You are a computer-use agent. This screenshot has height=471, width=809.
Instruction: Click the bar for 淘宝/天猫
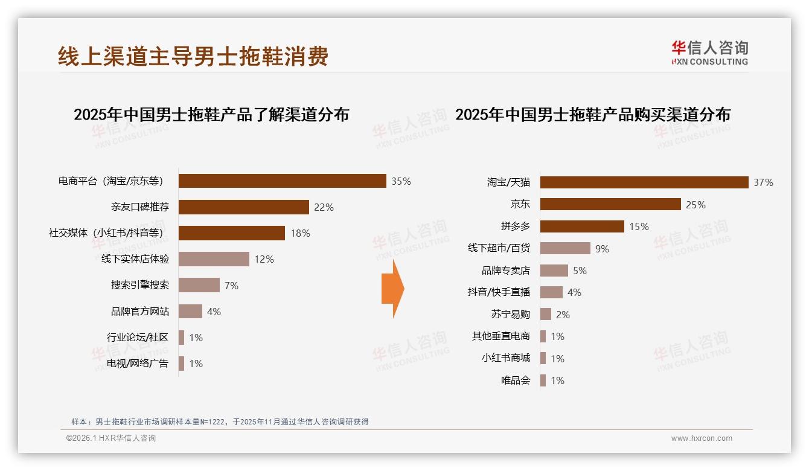[644, 182]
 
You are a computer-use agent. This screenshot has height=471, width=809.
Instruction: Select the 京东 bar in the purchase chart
[610, 205]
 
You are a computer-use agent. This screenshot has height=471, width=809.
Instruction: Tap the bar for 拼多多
[582, 226]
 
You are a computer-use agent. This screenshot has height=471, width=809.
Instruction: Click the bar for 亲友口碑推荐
[244, 207]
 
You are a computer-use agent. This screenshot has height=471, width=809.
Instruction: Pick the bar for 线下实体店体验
[214, 259]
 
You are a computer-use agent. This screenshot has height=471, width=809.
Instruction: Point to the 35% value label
[401, 181]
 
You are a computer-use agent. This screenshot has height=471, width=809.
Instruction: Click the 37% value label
[763, 182]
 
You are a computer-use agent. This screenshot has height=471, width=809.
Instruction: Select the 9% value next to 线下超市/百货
[602, 249]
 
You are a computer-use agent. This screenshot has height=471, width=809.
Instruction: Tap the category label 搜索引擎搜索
[139, 285]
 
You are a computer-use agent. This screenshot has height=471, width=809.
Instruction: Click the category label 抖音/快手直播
[499, 292]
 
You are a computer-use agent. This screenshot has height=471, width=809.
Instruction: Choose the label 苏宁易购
[510, 315]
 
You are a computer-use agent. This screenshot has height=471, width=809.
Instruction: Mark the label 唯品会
[515, 380]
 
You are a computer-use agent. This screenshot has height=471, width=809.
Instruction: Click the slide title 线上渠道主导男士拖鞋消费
[193, 57]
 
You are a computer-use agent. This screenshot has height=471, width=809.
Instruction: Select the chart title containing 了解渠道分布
[211, 115]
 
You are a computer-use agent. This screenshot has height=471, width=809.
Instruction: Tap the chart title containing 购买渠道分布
[592, 115]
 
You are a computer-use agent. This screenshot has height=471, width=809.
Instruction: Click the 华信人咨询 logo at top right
[709, 53]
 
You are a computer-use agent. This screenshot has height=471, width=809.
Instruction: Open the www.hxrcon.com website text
[702, 438]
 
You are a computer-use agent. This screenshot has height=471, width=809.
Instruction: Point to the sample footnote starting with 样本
[220, 422]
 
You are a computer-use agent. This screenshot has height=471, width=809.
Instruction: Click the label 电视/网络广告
[137, 364]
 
